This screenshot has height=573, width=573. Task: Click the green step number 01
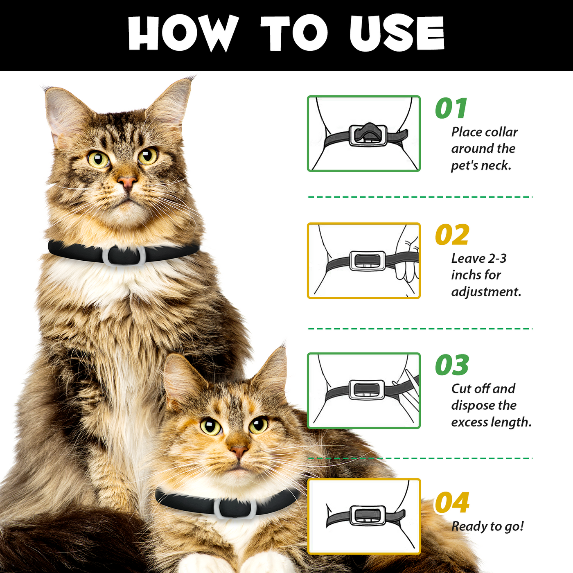(451, 108)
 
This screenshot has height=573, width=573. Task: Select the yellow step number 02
(452, 235)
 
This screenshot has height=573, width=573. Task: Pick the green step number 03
(452, 365)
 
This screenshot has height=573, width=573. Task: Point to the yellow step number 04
(452, 503)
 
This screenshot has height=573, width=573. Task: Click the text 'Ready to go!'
(487, 526)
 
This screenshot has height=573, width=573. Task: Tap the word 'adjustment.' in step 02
(486, 292)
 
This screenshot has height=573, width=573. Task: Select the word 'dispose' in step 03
(472, 405)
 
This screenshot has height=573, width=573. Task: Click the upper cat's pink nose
(127, 182)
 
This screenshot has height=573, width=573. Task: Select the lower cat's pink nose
(239, 451)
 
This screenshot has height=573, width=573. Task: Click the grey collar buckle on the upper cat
(124, 256)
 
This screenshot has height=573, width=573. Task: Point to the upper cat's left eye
(98, 159)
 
